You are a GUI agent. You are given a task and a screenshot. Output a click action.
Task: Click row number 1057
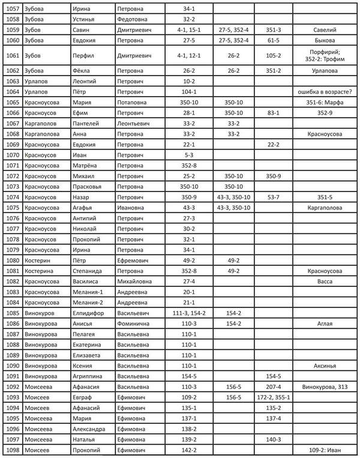click(12, 9)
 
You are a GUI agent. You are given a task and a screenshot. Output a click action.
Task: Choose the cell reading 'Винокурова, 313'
click(325, 387)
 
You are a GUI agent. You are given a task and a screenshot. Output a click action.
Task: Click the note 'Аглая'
click(325, 324)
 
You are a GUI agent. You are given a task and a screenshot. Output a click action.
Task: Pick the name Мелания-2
click(88, 303)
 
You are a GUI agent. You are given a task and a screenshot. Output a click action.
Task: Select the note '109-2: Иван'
click(325, 450)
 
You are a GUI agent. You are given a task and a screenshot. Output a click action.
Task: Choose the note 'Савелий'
click(325, 29)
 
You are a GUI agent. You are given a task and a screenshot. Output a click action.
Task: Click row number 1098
click(12, 450)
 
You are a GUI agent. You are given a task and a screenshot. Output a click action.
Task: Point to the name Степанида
click(88, 271)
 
